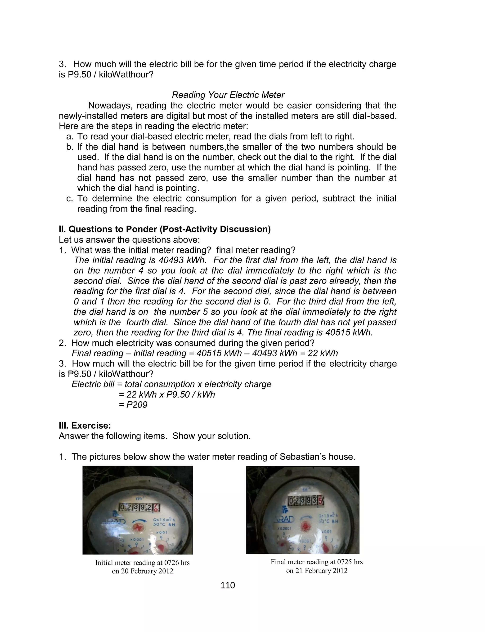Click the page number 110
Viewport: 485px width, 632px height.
point(228,585)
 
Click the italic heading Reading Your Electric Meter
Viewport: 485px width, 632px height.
point(228,95)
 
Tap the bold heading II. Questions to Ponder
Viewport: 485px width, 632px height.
point(165,229)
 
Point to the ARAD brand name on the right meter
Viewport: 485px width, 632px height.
point(284,520)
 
